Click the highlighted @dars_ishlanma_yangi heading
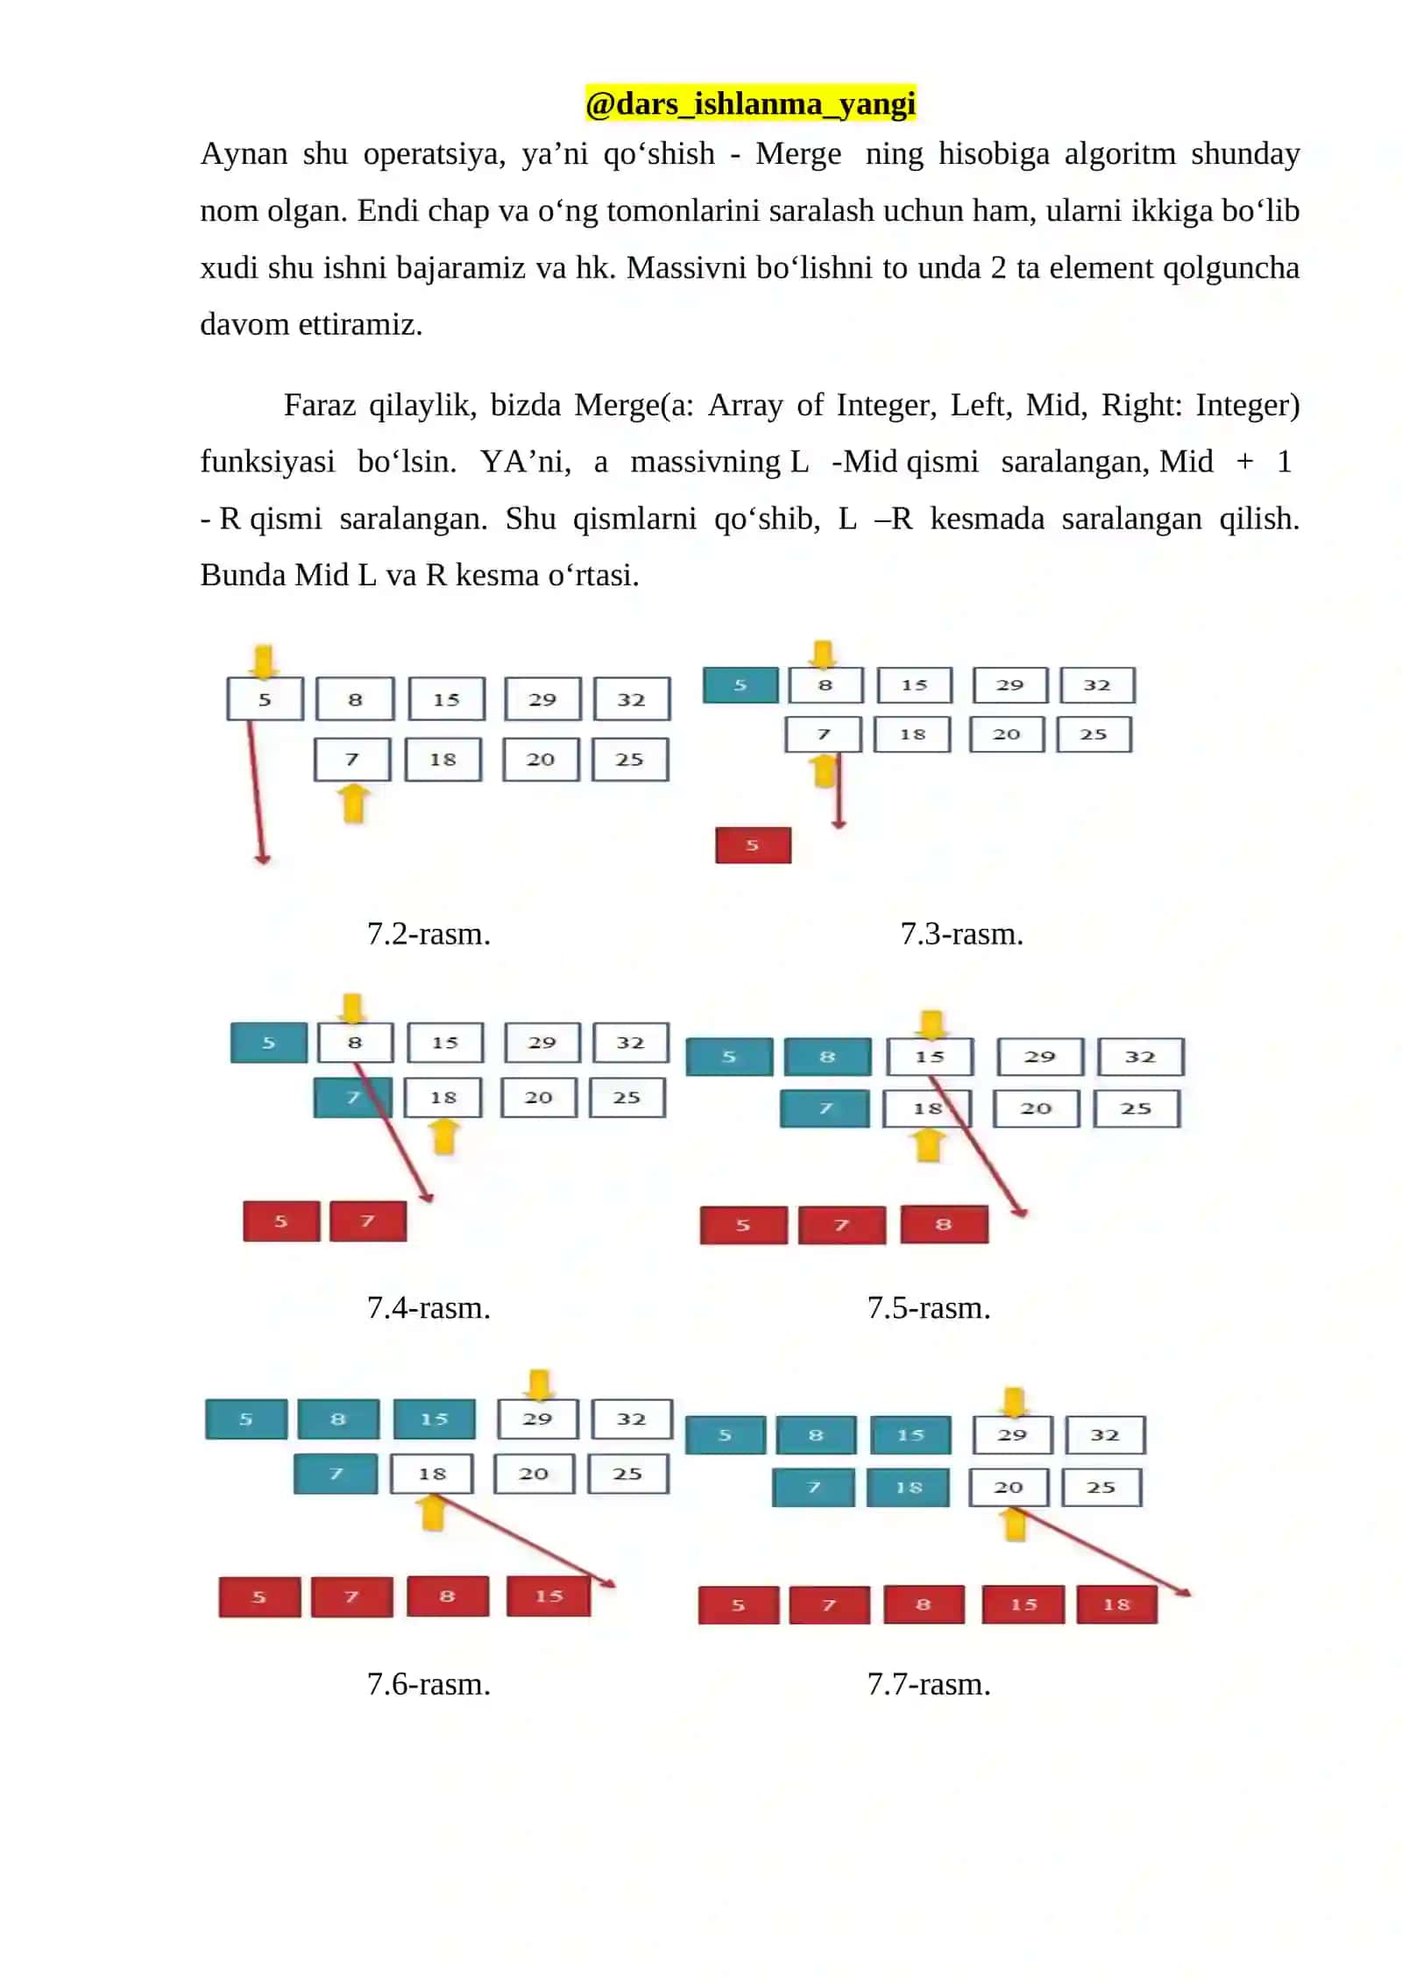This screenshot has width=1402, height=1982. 750,103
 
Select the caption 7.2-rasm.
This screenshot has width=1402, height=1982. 428,934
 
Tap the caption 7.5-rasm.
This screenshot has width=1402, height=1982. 929,1308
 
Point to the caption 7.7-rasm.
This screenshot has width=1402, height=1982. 929,1684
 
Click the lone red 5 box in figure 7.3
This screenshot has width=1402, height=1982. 753,846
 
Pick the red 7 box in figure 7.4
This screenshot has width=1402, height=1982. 368,1221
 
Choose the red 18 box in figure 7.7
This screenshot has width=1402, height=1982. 1116,1605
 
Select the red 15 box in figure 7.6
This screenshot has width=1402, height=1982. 549,1596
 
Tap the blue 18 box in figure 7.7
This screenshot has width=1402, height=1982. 908,1488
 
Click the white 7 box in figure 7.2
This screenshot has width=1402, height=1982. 352,760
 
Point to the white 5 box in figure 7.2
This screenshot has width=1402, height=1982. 265,699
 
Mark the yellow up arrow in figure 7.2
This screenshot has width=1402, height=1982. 353,803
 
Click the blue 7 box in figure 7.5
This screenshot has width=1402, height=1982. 825,1109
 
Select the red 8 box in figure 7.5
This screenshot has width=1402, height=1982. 945,1225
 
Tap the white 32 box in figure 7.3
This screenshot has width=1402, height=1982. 1097,685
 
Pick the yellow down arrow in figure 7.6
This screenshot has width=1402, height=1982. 539,1385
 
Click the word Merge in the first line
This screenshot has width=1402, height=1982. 798,154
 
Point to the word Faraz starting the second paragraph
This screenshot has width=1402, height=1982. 319,405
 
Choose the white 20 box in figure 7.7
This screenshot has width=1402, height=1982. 1009,1488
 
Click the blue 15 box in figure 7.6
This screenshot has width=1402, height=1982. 434,1419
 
